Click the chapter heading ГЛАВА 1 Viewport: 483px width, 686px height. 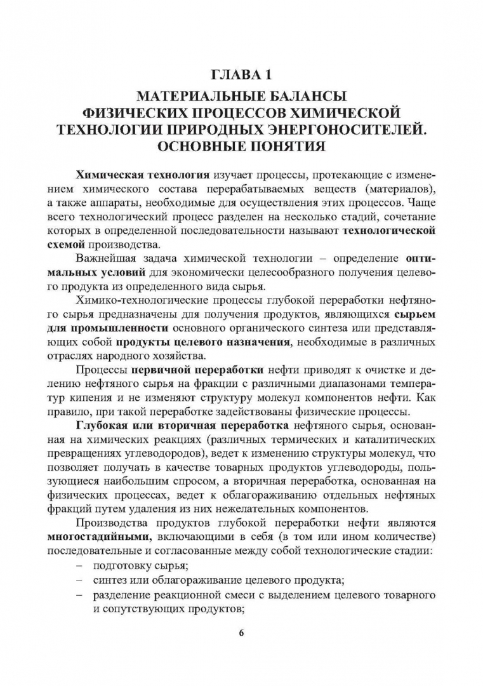pyautogui.click(x=241, y=76)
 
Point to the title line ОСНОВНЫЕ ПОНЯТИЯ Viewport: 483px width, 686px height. pyautogui.click(x=241, y=147)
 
